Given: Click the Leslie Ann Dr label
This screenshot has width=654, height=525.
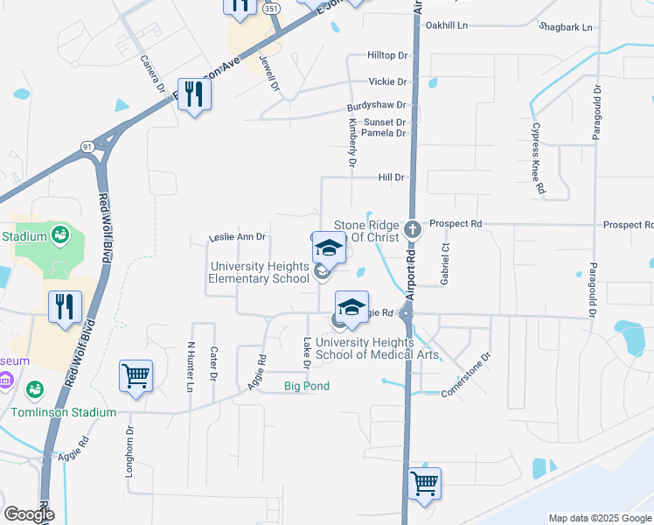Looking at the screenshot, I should coord(237,237).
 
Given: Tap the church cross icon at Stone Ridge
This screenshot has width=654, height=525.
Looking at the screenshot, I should coord(413,232).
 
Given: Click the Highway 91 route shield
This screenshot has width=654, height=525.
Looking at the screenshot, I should coord(88,147).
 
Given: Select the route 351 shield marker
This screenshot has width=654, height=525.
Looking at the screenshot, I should coord(272,8).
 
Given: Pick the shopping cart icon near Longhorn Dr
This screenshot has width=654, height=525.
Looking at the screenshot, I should coord(136,376).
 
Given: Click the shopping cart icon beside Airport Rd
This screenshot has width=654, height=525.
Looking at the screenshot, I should coord(424,482).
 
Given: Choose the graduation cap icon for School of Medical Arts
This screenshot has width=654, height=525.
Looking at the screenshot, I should coord(351,306).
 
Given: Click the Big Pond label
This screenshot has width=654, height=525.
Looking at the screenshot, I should coord(308,386).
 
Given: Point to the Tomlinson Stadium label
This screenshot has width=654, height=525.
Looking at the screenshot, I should coord(63,412).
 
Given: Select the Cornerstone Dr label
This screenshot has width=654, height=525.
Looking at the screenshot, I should coord(467,375).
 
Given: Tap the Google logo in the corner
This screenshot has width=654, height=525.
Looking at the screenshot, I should coord(28,514).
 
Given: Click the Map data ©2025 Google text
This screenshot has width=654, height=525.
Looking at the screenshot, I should coord(599,518).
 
